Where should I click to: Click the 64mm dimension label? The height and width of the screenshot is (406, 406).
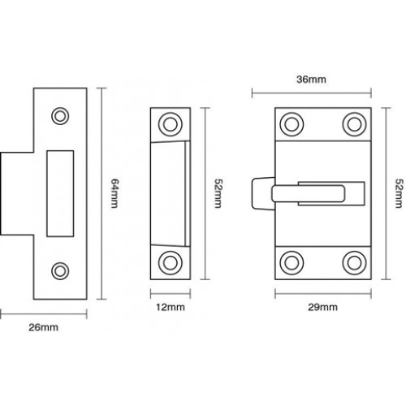pos(114,193)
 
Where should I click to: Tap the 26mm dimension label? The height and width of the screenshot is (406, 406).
pos(43,327)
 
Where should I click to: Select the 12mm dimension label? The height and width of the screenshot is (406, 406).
pos(171,308)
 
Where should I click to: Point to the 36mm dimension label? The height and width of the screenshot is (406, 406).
pos(311,80)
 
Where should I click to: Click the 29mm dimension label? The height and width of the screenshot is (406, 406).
pos(322,308)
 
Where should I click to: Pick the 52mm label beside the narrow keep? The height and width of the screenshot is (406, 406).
pos(218,193)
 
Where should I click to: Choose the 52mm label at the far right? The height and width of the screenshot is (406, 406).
pos(399,193)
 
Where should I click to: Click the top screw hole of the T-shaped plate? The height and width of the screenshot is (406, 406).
pos(60,116)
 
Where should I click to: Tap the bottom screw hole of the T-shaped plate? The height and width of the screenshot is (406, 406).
pos(60,271)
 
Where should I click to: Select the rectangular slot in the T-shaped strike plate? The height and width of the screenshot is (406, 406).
pos(60,193)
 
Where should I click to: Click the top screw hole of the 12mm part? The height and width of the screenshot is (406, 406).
pos(171,124)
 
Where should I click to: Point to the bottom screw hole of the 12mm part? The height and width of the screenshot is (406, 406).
pos(171,263)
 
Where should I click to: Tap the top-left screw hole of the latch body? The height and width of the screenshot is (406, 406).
pos(292,124)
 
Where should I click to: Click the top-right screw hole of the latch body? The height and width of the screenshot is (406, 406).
pos(354,124)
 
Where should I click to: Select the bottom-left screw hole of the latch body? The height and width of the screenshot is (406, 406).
pos(292,263)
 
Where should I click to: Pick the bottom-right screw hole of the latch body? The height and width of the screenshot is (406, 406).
pos(354,263)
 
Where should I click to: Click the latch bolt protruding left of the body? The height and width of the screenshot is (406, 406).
pos(263,193)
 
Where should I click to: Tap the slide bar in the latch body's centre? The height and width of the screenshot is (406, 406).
pos(309,193)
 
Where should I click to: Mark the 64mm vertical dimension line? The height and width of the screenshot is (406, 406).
pos(101,193)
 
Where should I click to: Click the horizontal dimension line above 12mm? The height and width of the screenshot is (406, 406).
pos(171,293)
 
